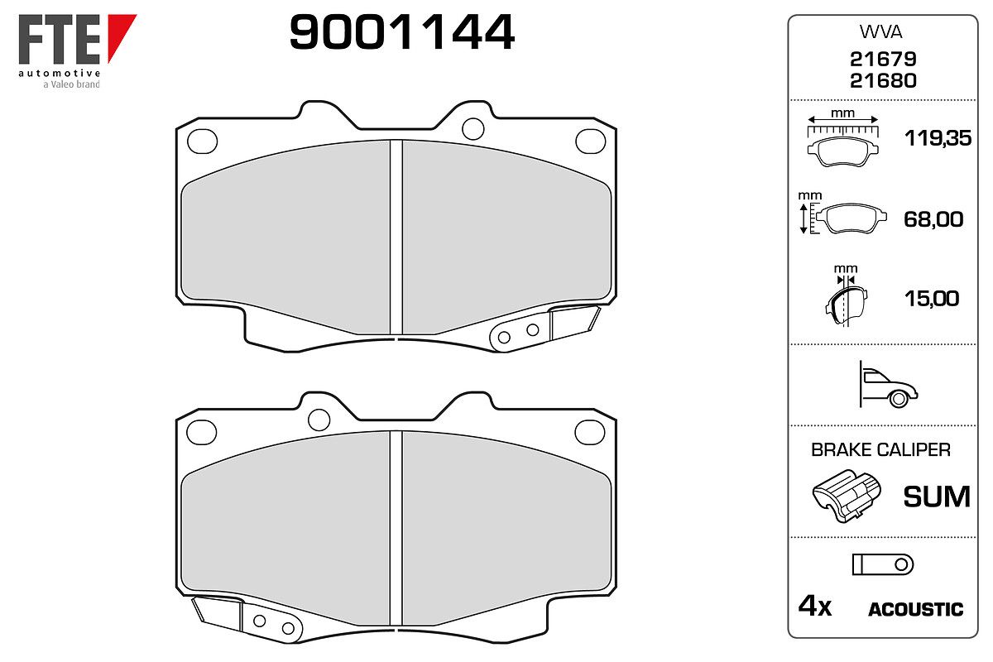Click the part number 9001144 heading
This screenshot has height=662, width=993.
pyautogui.click(x=401, y=32)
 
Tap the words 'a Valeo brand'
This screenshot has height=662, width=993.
pyautogui.click(x=71, y=84)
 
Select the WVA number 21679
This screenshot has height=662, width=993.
pyautogui.click(x=883, y=59)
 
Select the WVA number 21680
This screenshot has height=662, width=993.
pyautogui.click(x=883, y=81)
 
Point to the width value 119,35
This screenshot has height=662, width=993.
pyautogui.click(x=938, y=138)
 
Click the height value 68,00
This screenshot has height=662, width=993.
pyautogui.click(x=933, y=219)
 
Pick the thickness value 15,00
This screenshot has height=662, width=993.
pyautogui.click(x=932, y=299)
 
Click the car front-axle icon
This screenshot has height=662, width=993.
pyautogui.click(x=888, y=384)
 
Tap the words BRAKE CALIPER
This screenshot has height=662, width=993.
pyautogui.click(x=880, y=449)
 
